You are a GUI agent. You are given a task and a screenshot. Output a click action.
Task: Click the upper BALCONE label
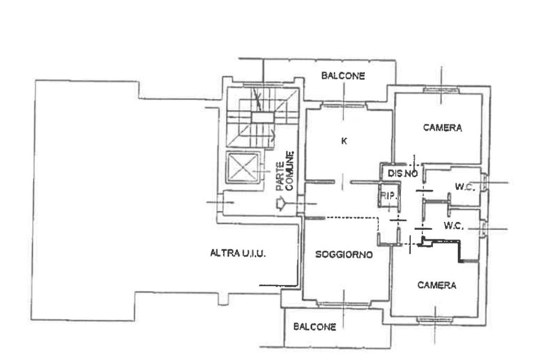pyautogui.click(x=343, y=76)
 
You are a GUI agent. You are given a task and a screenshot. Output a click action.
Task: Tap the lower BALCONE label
pyautogui.click(x=315, y=327)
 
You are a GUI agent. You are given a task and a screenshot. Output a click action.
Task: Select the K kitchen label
pyautogui.click(x=344, y=141)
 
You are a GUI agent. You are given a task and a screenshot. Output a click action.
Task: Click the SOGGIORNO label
pyautogui.click(x=344, y=255)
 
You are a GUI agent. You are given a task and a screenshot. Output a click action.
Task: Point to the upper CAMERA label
pyautogui.click(x=442, y=128)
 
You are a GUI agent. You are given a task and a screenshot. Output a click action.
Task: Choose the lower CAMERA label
pyautogui.click(x=437, y=285)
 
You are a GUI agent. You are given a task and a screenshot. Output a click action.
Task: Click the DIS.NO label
pyautogui.click(x=403, y=173)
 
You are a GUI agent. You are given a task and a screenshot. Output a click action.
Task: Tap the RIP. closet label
pyautogui.click(x=389, y=196)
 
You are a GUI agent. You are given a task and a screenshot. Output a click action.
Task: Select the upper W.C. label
pyautogui.click(x=465, y=187)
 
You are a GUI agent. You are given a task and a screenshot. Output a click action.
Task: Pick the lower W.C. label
pyautogui.click(x=454, y=226)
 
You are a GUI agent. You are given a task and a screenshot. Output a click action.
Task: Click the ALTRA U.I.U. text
pyautogui.click(x=238, y=254)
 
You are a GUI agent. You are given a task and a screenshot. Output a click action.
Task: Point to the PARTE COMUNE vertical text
pyautogui.click(x=285, y=171)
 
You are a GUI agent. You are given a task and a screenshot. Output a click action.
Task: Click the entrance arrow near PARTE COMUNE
pyautogui.click(x=281, y=204)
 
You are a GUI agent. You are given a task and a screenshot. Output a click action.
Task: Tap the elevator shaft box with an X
pyautogui.click(x=243, y=168)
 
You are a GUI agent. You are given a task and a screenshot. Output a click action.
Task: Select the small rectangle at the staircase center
pyautogui.click(x=262, y=118)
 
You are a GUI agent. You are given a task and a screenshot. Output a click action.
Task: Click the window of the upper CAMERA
pyautogui.click(x=441, y=90)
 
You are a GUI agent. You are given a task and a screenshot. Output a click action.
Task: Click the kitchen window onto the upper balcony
pyautogui.click(x=343, y=105)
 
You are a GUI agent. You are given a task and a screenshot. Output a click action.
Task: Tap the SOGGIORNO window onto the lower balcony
pyautogui.click(x=343, y=304)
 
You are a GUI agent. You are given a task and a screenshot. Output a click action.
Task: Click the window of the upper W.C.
pyautogui.click(x=485, y=182)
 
